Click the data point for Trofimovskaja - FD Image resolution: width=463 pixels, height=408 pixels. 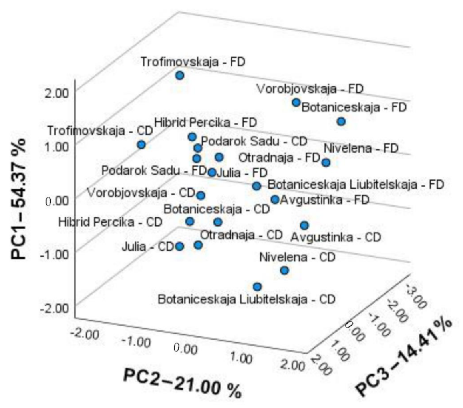click(x=180, y=75)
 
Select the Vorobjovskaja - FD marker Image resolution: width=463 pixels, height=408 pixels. click(x=296, y=102)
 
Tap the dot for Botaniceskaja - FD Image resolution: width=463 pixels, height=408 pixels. click(x=341, y=121)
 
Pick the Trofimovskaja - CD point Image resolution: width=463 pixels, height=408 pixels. click(x=141, y=145)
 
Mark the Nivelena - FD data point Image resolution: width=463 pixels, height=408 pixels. click(x=326, y=163)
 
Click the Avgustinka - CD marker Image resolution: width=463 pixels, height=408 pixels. click(x=304, y=225)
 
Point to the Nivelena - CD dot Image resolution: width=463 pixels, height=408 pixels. click(x=284, y=271)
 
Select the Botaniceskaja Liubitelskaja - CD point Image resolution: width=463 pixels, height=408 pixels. click(x=257, y=287)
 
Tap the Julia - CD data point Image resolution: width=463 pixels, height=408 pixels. click(x=180, y=246)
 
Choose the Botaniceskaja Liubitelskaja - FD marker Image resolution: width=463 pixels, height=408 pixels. click(x=256, y=186)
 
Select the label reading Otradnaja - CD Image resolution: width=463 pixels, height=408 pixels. click(x=241, y=234)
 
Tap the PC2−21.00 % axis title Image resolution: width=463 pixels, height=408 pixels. click(x=182, y=383)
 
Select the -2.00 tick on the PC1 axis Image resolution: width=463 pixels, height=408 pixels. click(x=60, y=308)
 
